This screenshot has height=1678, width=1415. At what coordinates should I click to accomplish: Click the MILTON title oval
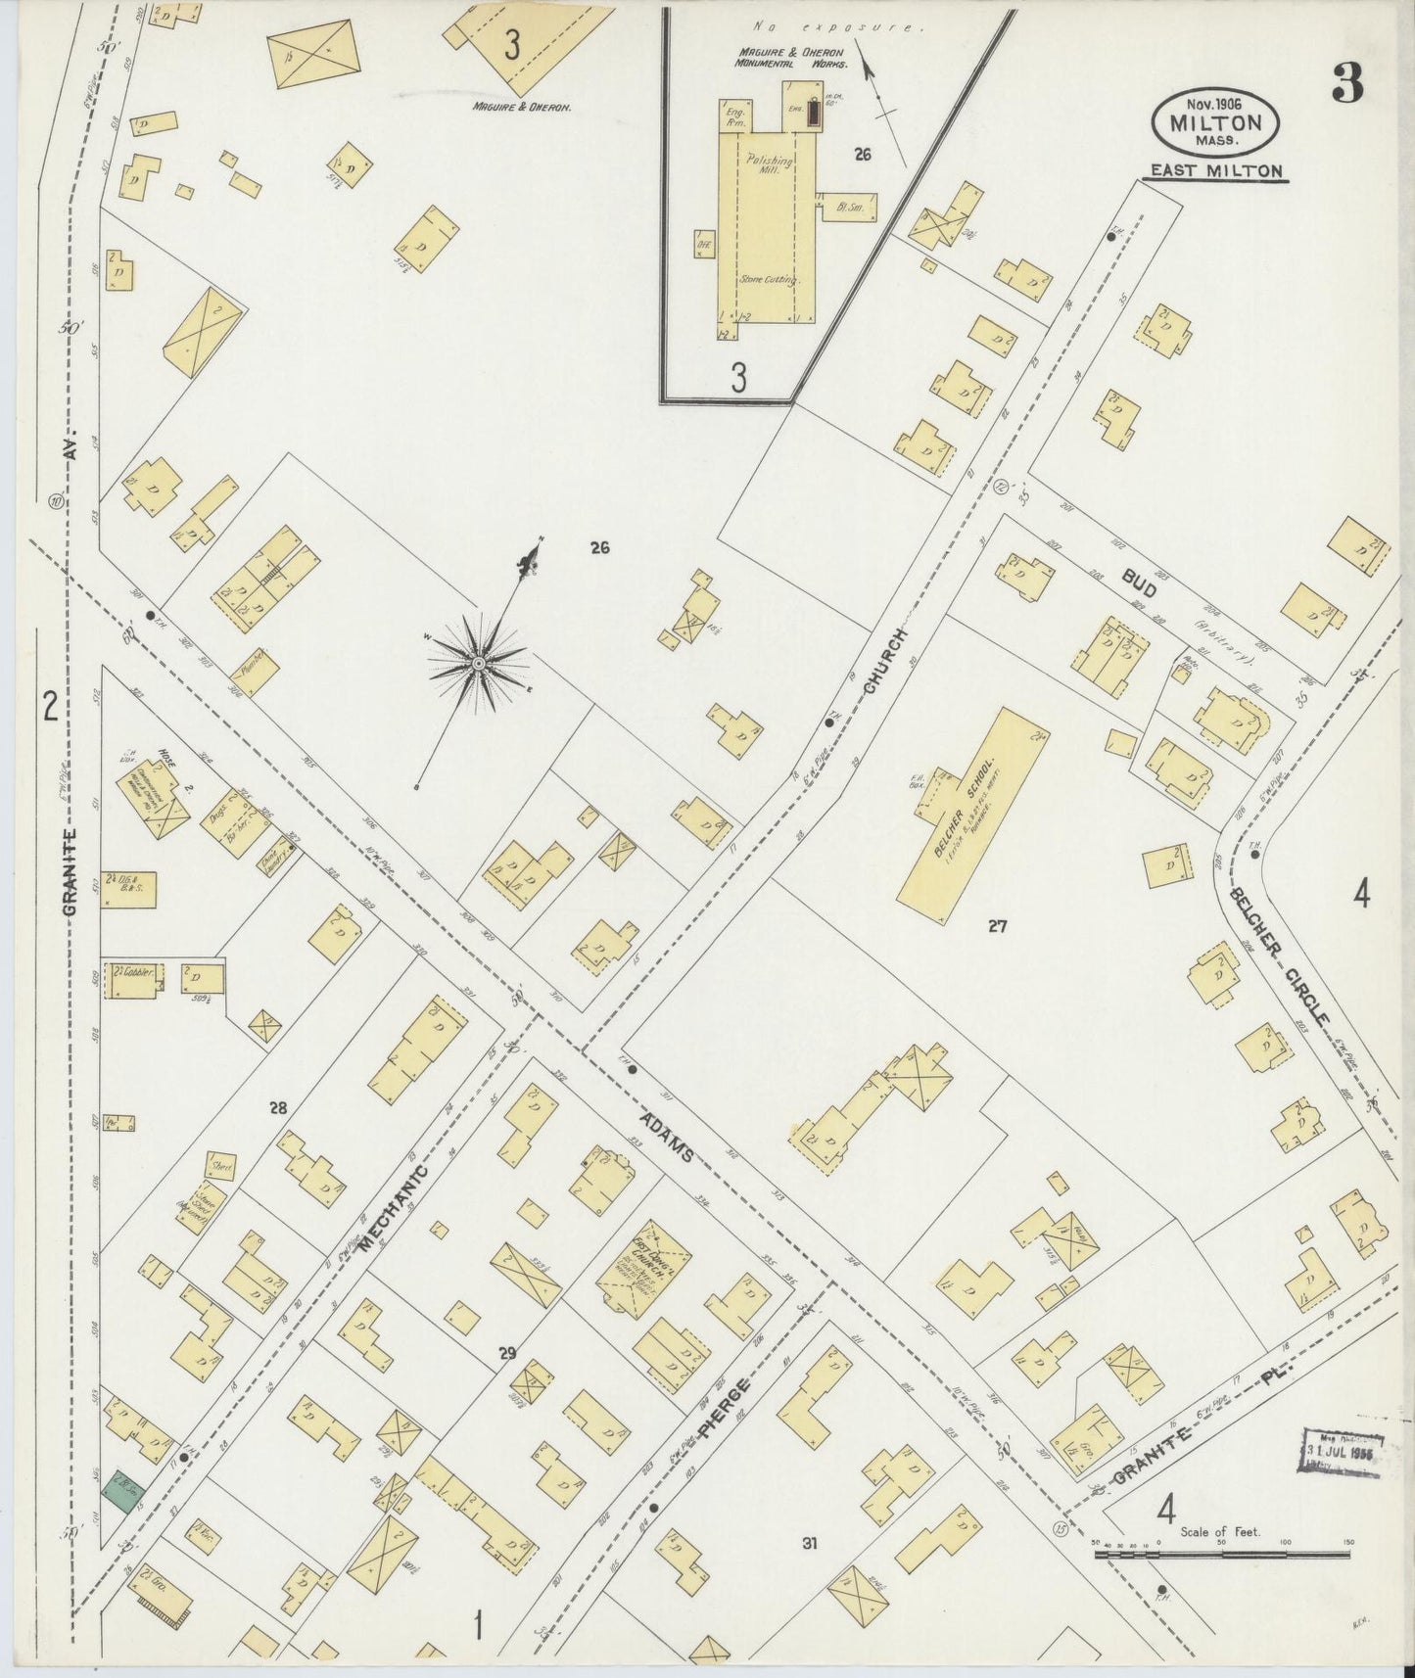[x=1215, y=122]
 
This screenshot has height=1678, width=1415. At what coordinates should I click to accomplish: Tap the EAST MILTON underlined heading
[x=1215, y=171]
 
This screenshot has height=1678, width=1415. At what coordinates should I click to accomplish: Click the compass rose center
[x=478, y=664]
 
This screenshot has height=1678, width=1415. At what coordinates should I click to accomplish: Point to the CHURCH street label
[x=888, y=662]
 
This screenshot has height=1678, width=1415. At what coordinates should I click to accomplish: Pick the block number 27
[x=997, y=924]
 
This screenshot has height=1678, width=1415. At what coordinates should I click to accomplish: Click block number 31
[x=809, y=1544]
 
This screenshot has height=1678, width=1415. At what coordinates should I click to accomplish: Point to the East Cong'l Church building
[x=643, y=1267]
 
